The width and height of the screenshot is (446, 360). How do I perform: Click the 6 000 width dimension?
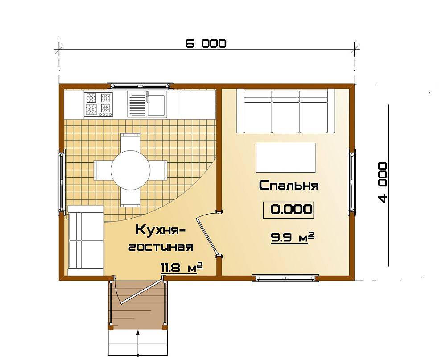[x=206, y=44]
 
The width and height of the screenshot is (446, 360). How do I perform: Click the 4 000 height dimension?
[x=383, y=182]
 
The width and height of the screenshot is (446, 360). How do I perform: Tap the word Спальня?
[x=289, y=186]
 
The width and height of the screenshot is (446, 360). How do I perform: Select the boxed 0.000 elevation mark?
[x=289, y=210]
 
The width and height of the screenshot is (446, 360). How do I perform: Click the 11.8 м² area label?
[x=182, y=268]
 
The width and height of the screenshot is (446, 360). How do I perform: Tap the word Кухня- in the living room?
[x=160, y=229]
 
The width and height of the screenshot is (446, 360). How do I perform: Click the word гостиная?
[x=161, y=247]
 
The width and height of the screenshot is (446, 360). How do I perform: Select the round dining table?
[x=130, y=170]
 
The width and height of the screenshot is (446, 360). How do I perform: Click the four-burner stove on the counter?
[x=99, y=104]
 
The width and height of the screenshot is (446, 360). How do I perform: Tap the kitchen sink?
[x=147, y=104]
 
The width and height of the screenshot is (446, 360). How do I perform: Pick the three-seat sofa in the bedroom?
[x=285, y=111]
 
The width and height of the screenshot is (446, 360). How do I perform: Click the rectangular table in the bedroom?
[x=285, y=157]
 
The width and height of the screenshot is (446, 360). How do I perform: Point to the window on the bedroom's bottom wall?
[x=285, y=277]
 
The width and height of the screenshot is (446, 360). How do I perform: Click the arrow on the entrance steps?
[x=138, y=343]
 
